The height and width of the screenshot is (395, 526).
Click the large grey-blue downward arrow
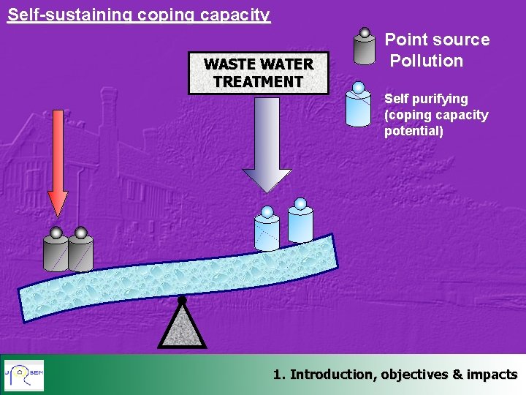[x=267, y=146]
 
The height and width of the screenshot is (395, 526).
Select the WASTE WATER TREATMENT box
[x=258, y=73]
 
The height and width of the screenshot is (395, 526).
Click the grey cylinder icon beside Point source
[x=364, y=48]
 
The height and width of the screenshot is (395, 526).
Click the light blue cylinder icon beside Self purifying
[x=358, y=107]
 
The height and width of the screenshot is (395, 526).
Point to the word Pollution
[x=427, y=61]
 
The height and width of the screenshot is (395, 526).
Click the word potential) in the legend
[x=413, y=132]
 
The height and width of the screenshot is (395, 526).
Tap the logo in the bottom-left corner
[x=24, y=375]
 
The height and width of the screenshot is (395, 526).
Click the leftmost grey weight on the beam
[x=56, y=252]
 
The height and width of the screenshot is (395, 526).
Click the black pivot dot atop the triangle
[x=182, y=300]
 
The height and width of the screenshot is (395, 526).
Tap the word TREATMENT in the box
[x=258, y=81]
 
